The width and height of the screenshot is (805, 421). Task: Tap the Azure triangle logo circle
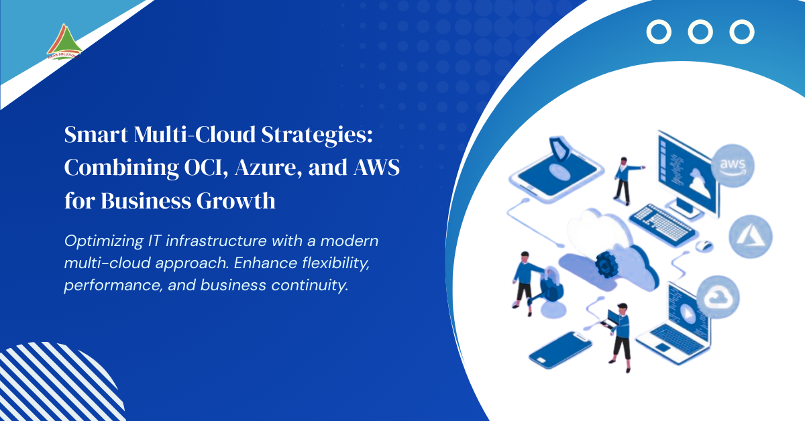click(x=751, y=237)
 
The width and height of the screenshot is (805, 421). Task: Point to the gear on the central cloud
click(x=607, y=265)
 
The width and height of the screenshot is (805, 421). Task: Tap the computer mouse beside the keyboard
click(x=704, y=246)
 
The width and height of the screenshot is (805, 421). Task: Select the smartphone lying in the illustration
click(x=560, y=350)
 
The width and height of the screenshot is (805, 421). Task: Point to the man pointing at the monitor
click(x=624, y=179)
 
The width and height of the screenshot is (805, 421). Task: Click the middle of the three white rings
click(x=700, y=32)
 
